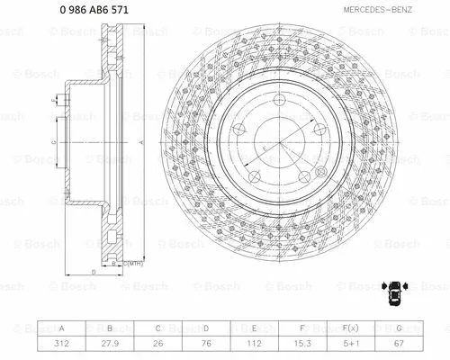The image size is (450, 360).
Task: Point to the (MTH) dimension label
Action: tap(135, 264)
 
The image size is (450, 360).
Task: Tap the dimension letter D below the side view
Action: tap(92, 270)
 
